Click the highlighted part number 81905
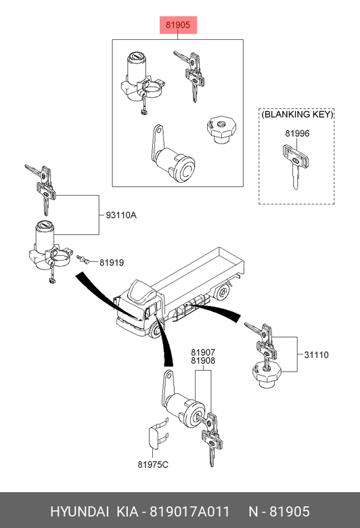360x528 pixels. point(178,25)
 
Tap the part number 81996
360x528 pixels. point(297,133)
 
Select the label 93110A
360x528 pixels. point(121,215)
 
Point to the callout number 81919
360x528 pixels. point(112,263)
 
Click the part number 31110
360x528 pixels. point(316,355)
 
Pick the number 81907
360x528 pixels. point(203,352)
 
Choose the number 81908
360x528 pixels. point(203,361)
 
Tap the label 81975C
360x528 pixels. point(153,464)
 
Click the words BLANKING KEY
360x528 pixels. point(297,114)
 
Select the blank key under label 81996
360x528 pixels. point(295,165)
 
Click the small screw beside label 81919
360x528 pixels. point(83,259)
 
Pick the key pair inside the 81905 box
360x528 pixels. point(189,75)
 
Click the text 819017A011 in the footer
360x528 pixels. point(189,511)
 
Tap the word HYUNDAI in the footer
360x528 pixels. point(79,511)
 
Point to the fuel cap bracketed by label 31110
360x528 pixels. point(267,374)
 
